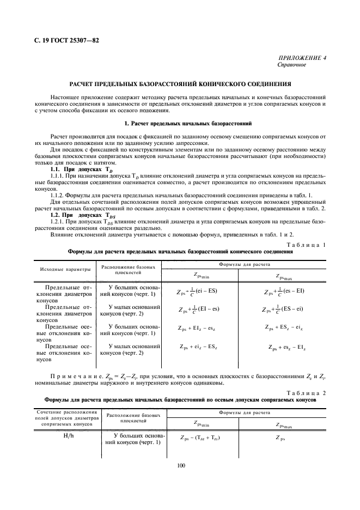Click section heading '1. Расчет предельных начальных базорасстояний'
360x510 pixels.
(180, 125)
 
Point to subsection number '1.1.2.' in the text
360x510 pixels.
(59, 195)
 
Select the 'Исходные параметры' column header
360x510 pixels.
(60, 270)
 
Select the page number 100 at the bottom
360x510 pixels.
(180, 465)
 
